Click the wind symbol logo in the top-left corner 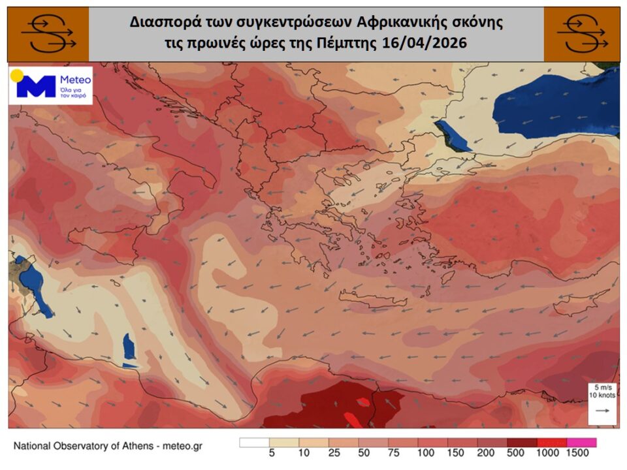[48, 34]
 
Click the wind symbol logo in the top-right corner [582, 34]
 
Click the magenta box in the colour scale [581, 442]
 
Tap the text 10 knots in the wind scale [602, 396]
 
